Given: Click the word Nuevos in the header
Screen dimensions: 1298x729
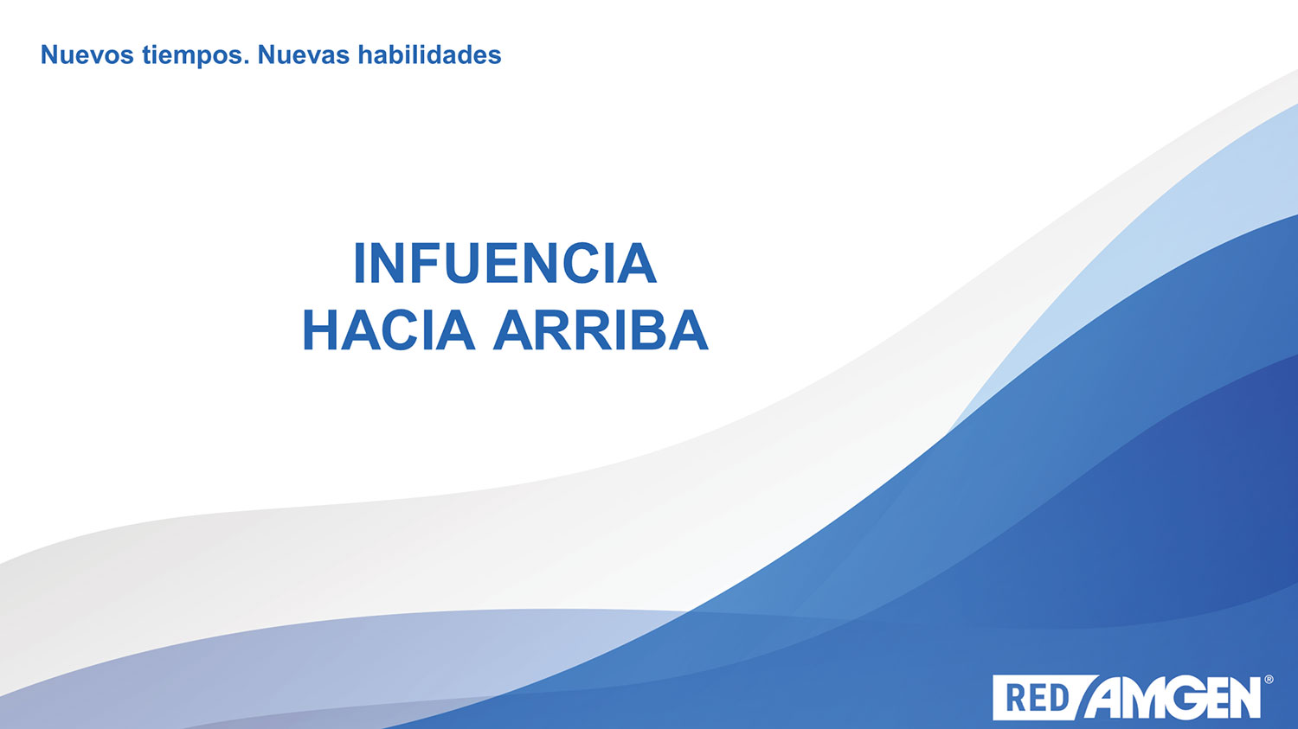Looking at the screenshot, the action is tap(87, 55).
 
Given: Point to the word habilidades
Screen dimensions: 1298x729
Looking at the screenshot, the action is tap(429, 54).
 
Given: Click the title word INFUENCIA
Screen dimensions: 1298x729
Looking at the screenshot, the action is tap(504, 264).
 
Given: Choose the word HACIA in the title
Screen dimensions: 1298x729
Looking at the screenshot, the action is tap(389, 330).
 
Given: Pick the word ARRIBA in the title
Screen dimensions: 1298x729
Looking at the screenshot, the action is tap(601, 330).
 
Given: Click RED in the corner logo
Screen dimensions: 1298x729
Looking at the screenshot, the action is tap(1038, 698).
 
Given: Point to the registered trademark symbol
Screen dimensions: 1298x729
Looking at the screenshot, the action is tap(1269, 679).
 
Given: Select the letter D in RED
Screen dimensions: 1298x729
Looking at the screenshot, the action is tap(1058, 698).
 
